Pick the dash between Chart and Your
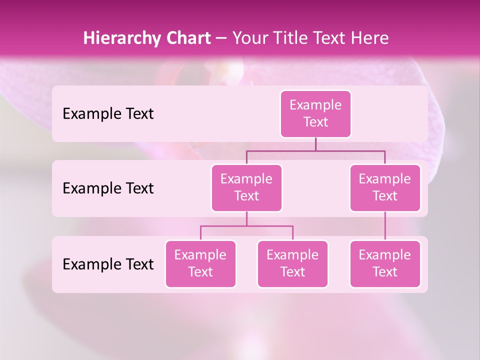[x=221, y=38]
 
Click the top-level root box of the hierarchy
[x=315, y=114]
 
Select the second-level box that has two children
[x=246, y=188]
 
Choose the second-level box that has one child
[x=385, y=188]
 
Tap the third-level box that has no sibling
[x=385, y=264]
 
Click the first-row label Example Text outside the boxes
[x=108, y=114]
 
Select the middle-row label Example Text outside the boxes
[x=108, y=188]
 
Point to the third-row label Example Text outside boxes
[x=108, y=264]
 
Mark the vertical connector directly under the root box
[x=315, y=144]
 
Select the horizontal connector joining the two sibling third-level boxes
[x=246, y=226]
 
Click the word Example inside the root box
[x=315, y=105]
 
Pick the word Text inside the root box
[x=315, y=122]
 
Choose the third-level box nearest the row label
[x=200, y=264]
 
